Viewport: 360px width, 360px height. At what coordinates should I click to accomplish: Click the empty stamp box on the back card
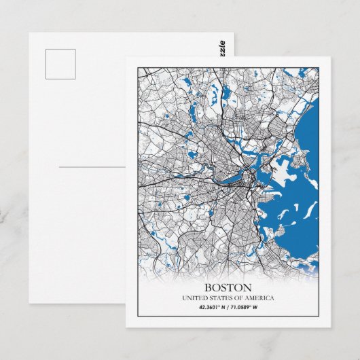(x=60, y=64)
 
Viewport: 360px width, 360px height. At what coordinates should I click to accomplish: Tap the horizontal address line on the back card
(x=92, y=166)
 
